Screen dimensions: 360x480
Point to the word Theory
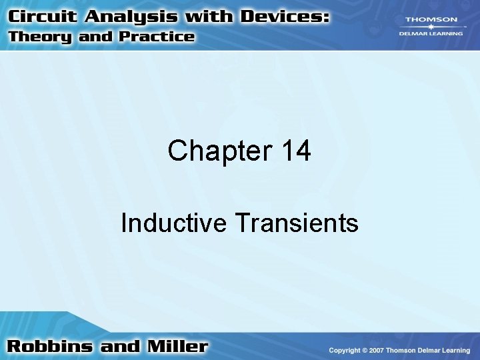40,37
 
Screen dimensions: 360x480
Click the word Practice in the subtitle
155,37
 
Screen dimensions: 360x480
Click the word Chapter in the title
215,151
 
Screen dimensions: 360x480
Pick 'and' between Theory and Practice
95,37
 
